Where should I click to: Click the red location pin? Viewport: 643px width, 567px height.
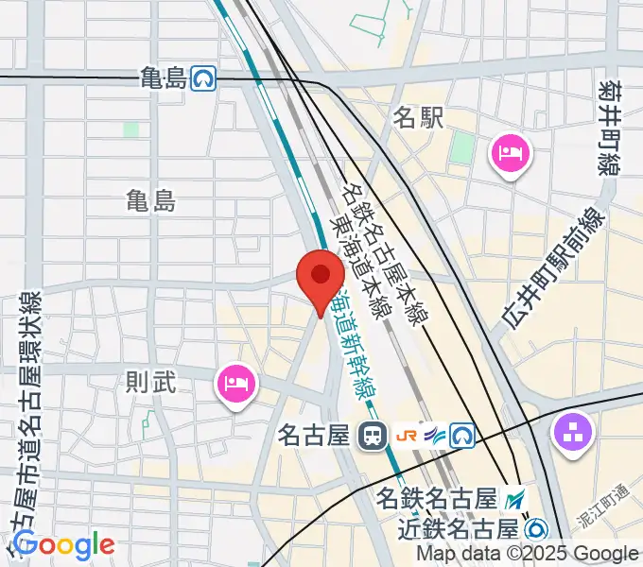pyautogui.click(x=321, y=276)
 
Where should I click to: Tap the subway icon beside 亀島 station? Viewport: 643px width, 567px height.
pyautogui.click(x=201, y=78)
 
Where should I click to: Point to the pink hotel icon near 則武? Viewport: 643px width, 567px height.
pyautogui.click(x=235, y=384)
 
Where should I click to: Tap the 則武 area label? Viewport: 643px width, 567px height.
pyautogui.click(x=151, y=383)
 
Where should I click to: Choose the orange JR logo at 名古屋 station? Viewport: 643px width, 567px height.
pyautogui.click(x=408, y=435)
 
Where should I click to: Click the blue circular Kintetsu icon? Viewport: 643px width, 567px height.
pyautogui.click(x=538, y=527)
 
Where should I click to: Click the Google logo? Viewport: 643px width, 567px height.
pyautogui.click(x=63, y=544)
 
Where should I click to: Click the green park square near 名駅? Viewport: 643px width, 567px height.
pyautogui.click(x=462, y=147)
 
